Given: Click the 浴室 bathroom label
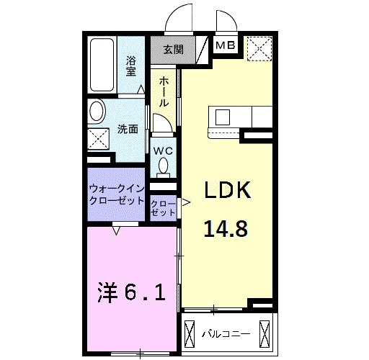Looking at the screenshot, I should [x=132, y=66].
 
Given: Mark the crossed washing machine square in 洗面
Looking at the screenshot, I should [x=97, y=140].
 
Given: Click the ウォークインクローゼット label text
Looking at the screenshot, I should [x=117, y=195].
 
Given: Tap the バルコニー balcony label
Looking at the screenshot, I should [x=225, y=334].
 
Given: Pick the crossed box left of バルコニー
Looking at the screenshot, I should [x=190, y=334].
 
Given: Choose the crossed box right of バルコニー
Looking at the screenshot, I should [x=265, y=334].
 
